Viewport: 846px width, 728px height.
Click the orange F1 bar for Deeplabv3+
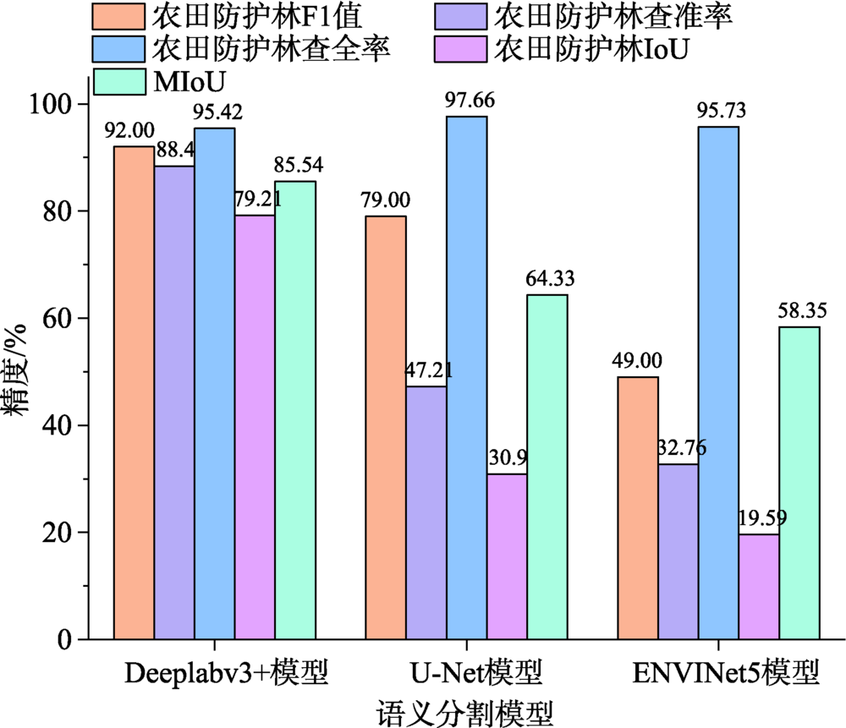click(x=134, y=393)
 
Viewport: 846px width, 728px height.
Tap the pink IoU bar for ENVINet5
click(x=759, y=587)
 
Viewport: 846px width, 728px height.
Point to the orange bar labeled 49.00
click(x=637, y=507)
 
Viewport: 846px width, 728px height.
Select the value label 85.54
click(x=296, y=165)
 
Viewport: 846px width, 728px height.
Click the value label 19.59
click(x=758, y=516)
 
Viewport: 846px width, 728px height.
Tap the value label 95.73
click(x=718, y=111)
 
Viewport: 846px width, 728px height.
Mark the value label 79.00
click(x=385, y=200)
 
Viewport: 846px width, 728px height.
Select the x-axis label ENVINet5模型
click(x=725, y=674)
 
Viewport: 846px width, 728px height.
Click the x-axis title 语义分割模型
click(x=464, y=710)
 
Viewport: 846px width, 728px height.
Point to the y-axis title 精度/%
click(x=19, y=372)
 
